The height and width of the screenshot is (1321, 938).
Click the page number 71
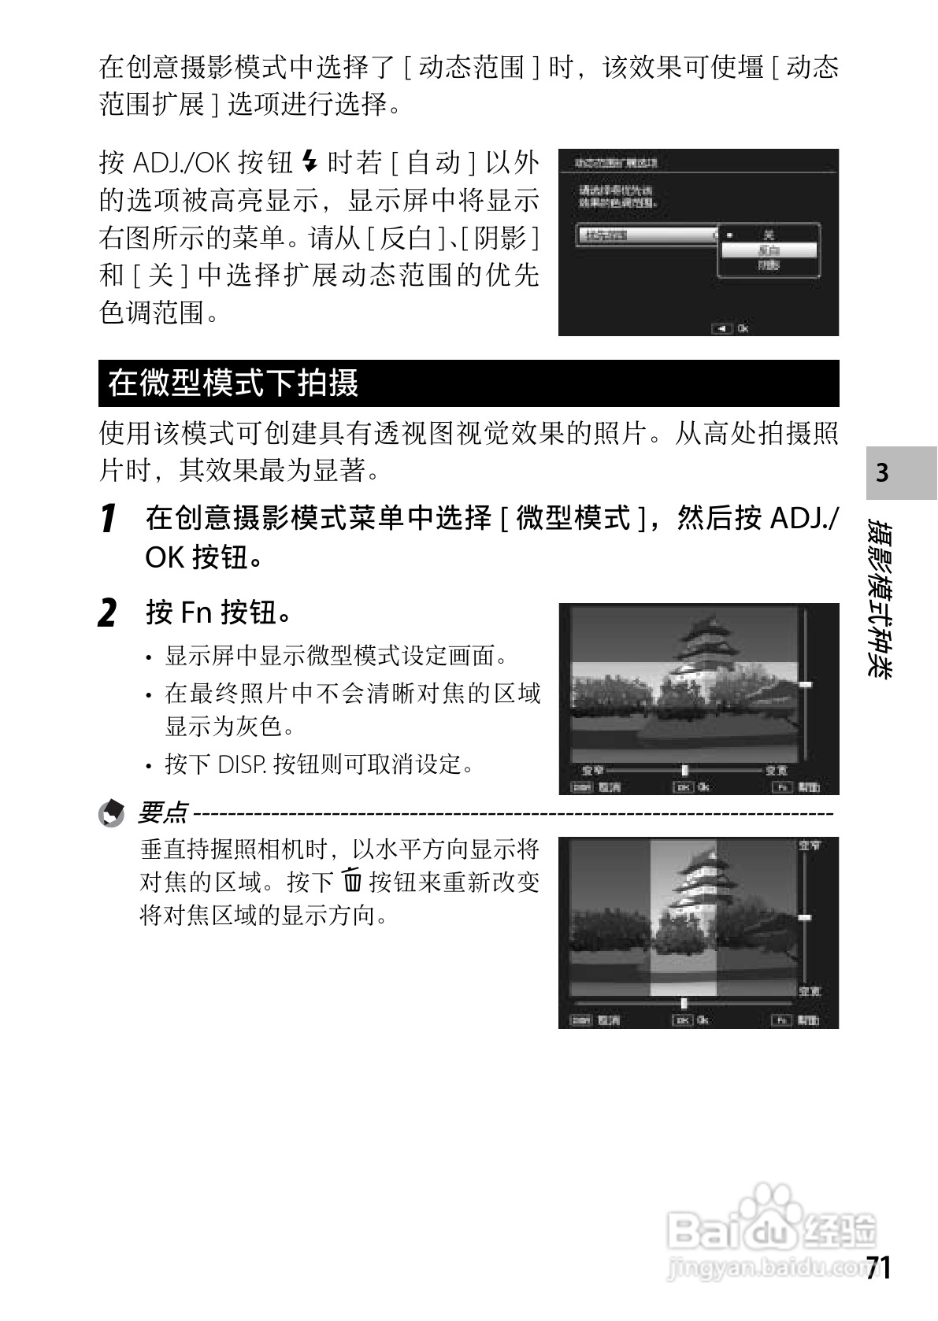pyautogui.click(x=878, y=1268)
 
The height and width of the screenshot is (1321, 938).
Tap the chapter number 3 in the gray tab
pyautogui.click(x=882, y=472)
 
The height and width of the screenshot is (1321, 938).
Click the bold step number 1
pyautogui.click(x=109, y=519)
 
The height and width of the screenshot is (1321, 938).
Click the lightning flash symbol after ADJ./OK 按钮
pyautogui.click(x=310, y=163)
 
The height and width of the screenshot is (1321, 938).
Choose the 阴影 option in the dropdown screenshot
pyautogui.click(x=769, y=266)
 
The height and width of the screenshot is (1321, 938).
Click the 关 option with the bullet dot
pyautogui.click(x=769, y=235)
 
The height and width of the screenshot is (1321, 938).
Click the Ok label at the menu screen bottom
pyautogui.click(x=743, y=328)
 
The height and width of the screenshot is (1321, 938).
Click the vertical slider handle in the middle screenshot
pyautogui.click(x=805, y=685)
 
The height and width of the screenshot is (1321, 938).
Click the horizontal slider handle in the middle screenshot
pyautogui.click(x=684, y=770)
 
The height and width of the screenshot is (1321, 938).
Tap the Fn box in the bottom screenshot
pyautogui.click(x=781, y=1020)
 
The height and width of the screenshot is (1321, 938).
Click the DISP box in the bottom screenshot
pyautogui.click(x=581, y=1020)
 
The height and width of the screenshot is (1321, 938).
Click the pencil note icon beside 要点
pyautogui.click(x=111, y=812)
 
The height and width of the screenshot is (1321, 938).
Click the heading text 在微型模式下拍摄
pyautogui.click(x=233, y=383)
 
